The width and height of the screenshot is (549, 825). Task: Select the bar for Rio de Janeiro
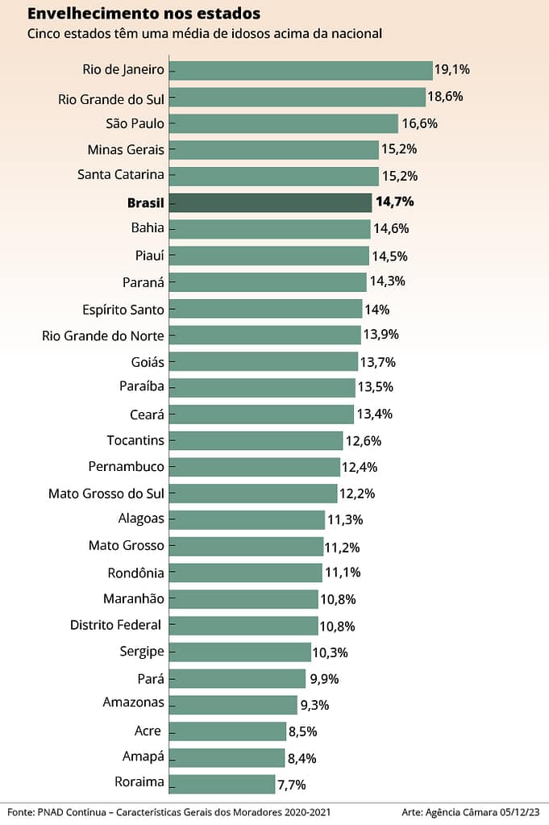pos(301,70)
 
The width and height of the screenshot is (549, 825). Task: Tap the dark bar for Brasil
pos(271,202)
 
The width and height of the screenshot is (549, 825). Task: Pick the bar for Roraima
pos(223,783)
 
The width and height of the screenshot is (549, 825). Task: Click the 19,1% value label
pos(451,69)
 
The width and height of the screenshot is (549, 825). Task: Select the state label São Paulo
pos(135,123)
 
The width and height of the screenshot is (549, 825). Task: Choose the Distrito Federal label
pos(116,625)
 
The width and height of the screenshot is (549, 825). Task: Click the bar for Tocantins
pos(256,440)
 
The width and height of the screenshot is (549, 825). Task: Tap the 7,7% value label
pos(292,784)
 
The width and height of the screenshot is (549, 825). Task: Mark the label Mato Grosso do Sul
pos(106,493)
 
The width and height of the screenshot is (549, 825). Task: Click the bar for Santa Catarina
pos(274,176)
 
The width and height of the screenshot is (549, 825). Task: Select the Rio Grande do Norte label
pos(102,335)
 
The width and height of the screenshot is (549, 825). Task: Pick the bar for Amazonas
pos(233,704)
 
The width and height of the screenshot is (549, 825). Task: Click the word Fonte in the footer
pos(22,811)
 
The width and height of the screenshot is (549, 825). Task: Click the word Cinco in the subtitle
pos(44,34)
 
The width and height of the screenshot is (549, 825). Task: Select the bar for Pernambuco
pos(255,467)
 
